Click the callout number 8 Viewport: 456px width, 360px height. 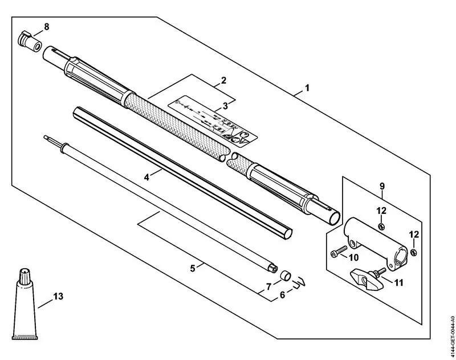pos(47,26)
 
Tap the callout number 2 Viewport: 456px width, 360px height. pos(224,80)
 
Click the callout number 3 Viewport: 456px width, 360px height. pos(225,106)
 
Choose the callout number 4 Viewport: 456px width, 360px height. pos(146,177)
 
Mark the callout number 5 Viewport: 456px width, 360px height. pos(193,267)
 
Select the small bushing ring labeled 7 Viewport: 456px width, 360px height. pos(283,277)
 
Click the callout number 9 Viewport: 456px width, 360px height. pos(382,185)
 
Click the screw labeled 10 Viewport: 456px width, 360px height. pos(337,251)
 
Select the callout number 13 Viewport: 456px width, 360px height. pos(58,296)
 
